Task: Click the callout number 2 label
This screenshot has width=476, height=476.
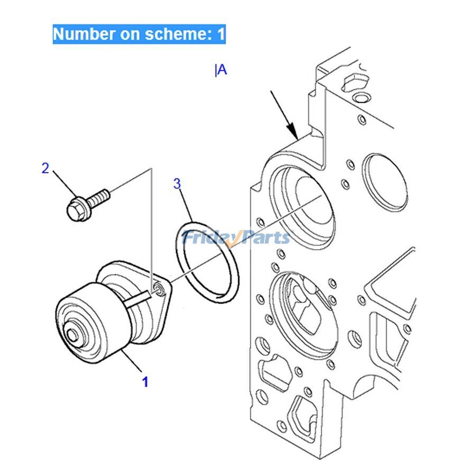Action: click(x=45, y=168)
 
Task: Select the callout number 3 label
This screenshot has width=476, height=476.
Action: click(x=177, y=184)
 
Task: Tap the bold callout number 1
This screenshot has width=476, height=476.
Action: click(x=145, y=382)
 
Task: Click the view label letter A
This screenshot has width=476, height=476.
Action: click(x=222, y=69)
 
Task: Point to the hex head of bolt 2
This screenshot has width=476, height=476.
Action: click(x=76, y=209)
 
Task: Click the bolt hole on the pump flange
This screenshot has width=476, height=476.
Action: click(x=158, y=289)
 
